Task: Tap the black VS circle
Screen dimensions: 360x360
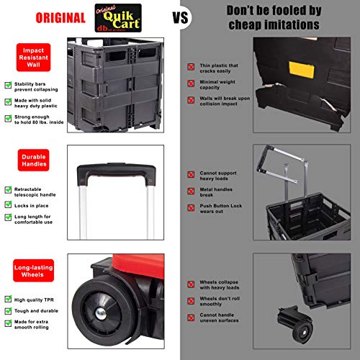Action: [x=181, y=18]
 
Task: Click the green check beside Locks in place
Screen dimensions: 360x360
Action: [x=7, y=205]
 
